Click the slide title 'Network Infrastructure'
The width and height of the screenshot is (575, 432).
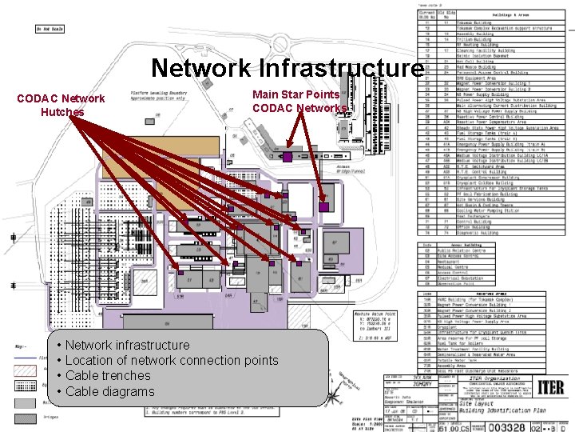[x=286, y=69]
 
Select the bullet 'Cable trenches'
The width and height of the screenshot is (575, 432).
[x=109, y=376]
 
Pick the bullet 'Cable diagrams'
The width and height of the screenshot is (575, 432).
[x=110, y=391]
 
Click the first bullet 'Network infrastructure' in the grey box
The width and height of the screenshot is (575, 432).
[x=128, y=345]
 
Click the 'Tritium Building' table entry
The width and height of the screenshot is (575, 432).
[x=470, y=38]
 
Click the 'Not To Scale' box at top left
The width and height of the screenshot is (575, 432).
[x=49, y=30]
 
